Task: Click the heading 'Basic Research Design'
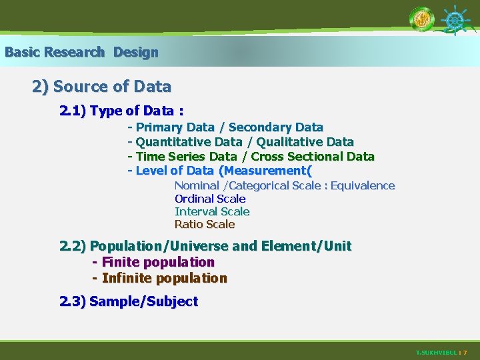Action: (81, 52)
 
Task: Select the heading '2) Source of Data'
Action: (101, 87)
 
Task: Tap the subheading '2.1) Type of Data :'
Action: (121, 111)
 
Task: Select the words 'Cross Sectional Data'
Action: (313, 157)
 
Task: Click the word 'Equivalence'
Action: (363, 186)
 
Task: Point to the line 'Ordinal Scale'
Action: (210, 199)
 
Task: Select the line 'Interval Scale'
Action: (212, 211)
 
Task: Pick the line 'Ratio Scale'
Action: (205, 224)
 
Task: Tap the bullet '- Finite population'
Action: (153, 262)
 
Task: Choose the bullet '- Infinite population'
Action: (160, 278)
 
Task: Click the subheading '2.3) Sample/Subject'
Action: (129, 301)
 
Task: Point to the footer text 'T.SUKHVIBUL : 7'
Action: (441, 352)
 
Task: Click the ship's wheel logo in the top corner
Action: (455, 21)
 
